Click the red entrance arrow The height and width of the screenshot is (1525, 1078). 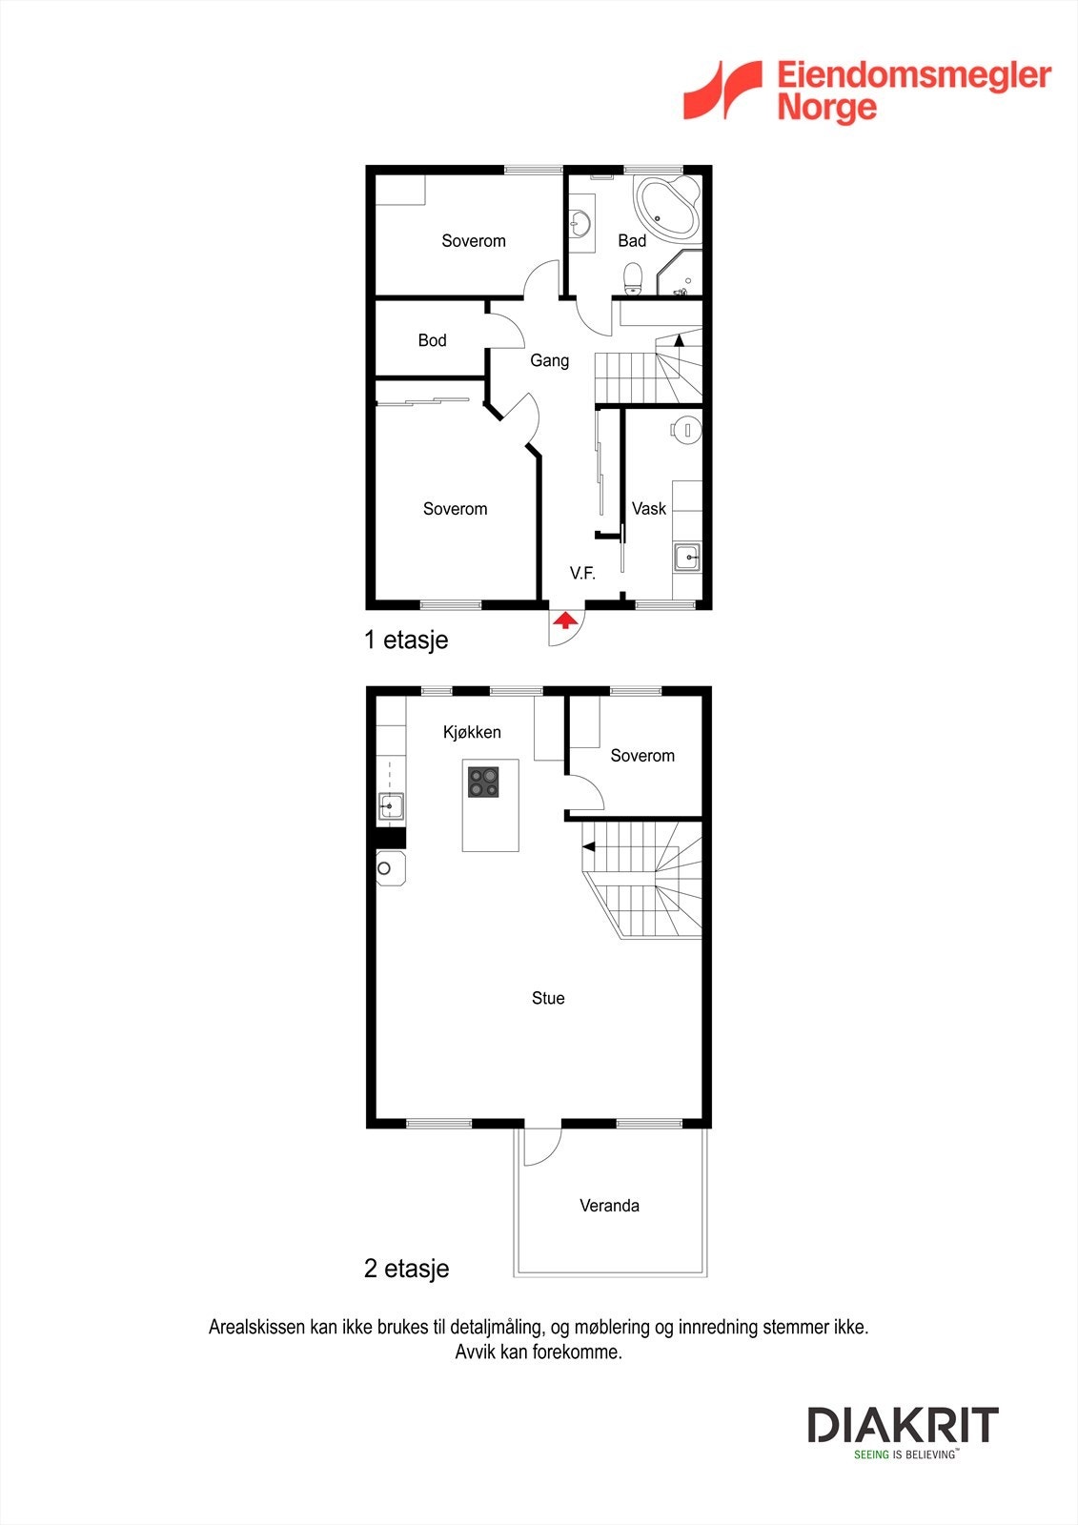pyautogui.click(x=565, y=621)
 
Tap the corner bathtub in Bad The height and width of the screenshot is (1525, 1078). pyautogui.click(x=667, y=206)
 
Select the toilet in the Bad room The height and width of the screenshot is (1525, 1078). pyautogui.click(x=632, y=277)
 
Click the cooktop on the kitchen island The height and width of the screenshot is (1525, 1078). pyautogui.click(x=483, y=782)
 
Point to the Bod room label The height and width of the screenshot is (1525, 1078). pyautogui.click(x=432, y=340)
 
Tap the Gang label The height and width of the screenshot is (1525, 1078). pyautogui.click(x=549, y=360)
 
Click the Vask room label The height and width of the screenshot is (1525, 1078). pyautogui.click(x=649, y=509)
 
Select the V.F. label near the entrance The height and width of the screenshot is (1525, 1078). pyautogui.click(x=582, y=573)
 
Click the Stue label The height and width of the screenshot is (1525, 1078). pyautogui.click(x=548, y=998)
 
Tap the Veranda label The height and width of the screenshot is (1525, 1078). pyautogui.click(x=609, y=1206)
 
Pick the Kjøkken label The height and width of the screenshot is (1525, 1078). pyautogui.click(x=472, y=732)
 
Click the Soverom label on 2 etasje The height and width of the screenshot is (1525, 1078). pyautogui.click(x=642, y=756)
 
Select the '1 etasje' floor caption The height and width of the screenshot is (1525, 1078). pyautogui.click(x=406, y=640)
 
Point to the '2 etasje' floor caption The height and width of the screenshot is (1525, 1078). pyautogui.click(x=406, y=1269)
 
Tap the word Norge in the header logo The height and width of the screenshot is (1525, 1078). pyautogui.click(x=826, y=107)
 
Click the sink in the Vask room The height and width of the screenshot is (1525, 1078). pyautogui.click(x=686, y=557)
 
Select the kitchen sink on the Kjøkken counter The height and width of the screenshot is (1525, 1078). pyautogui.click(x=391, y=806)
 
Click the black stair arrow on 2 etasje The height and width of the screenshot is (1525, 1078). pyautogui.click(x=589, y=846)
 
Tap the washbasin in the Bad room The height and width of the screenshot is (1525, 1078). pyautogui.click(x=580, y=224)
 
